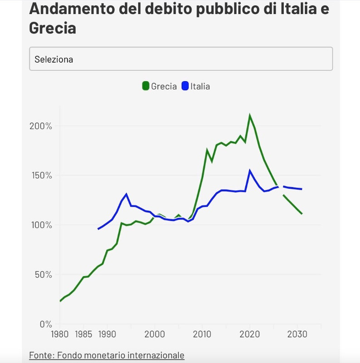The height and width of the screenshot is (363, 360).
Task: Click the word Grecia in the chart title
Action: pos(52,28)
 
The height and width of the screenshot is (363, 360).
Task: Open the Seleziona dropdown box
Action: pos(180,59)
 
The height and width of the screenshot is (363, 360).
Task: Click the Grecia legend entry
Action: pos(164,86)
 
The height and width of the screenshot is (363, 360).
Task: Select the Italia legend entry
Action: pos(200,86)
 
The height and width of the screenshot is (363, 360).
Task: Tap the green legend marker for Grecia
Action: pos(146,86)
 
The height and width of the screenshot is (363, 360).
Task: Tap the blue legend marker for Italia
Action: pos(185,86)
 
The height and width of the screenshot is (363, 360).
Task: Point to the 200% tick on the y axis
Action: pos(41,126)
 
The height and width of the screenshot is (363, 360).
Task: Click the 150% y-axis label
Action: pos(41,176)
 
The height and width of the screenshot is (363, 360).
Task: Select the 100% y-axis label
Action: pos(41,225)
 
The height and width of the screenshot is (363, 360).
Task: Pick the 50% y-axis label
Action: pos(44,275)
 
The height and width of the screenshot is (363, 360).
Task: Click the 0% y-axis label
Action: pos(45,324)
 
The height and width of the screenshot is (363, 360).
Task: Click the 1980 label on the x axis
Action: pos(59,334)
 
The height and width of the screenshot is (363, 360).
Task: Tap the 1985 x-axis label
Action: pos(83,334)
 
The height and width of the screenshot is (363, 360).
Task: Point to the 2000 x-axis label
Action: pos(155,334)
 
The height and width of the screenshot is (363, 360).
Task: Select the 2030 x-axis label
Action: pos(297,334)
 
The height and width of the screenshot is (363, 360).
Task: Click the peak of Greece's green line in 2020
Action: pos(249,115)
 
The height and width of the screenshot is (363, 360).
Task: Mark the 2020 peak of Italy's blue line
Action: pos(249,171)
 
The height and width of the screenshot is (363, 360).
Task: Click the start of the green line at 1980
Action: pos(60,301)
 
